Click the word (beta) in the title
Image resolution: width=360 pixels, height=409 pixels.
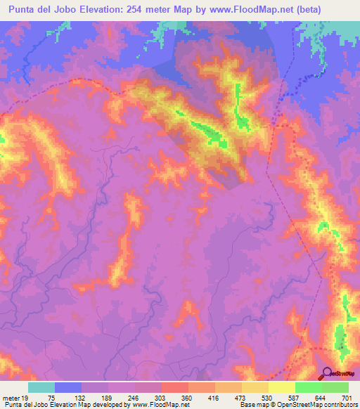[338, 10]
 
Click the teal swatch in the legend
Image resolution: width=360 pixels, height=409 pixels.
[41, 388]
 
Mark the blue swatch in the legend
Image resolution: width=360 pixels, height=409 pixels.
[68, 388]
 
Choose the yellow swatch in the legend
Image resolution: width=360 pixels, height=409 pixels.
[282, 388]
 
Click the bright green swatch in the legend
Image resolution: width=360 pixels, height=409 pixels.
[309, 388]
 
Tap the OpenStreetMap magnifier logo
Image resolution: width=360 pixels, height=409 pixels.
[327, 372]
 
